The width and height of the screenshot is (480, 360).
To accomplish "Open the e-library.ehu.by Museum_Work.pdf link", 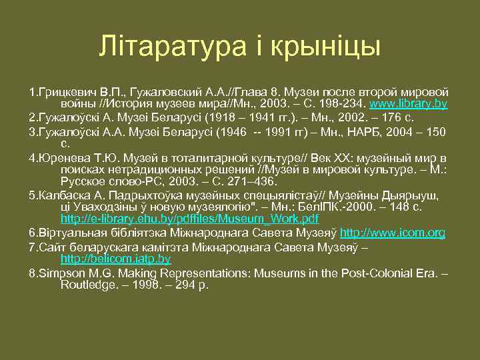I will [189, 218].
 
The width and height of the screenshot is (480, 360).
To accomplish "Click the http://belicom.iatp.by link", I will [115, 259].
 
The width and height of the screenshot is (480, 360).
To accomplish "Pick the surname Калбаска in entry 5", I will [65, 195].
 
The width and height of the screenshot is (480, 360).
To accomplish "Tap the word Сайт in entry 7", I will [50, 247].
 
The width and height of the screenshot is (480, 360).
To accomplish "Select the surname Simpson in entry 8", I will [61, 273].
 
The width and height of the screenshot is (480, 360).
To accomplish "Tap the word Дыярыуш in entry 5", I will [411, 195].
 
